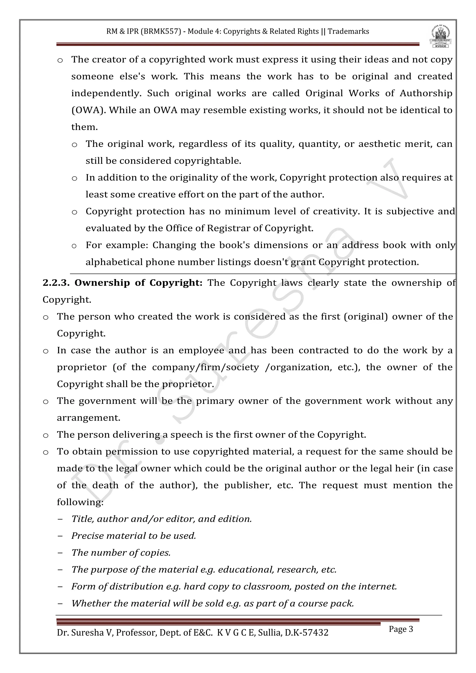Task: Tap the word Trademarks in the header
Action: coord(348,31)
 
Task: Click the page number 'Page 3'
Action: coord(401,629)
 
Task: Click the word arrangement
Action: coord(88,418)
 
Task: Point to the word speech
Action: coord(186,435)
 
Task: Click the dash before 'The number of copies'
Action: coord(60,553)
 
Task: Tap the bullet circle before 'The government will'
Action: coord(46,402)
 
